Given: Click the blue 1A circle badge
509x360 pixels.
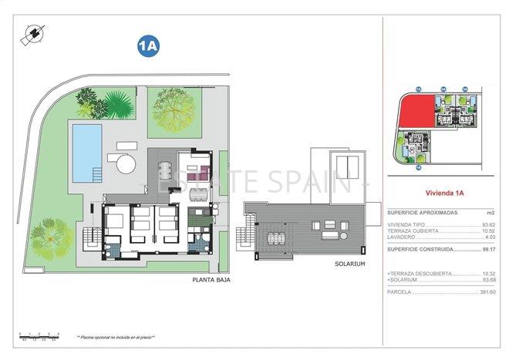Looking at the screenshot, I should (x=148, y=45).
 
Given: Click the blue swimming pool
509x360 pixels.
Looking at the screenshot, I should (x=86, y=146).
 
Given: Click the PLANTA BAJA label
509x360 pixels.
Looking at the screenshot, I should (x=211, y=280).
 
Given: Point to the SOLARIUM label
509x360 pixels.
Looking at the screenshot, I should (x=349, y=264).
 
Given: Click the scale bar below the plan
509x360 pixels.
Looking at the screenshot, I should (x=37, y=335).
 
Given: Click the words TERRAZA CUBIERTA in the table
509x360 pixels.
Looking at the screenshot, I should (x=413, y=230).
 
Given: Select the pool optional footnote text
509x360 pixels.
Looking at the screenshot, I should (x=115, y=338).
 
